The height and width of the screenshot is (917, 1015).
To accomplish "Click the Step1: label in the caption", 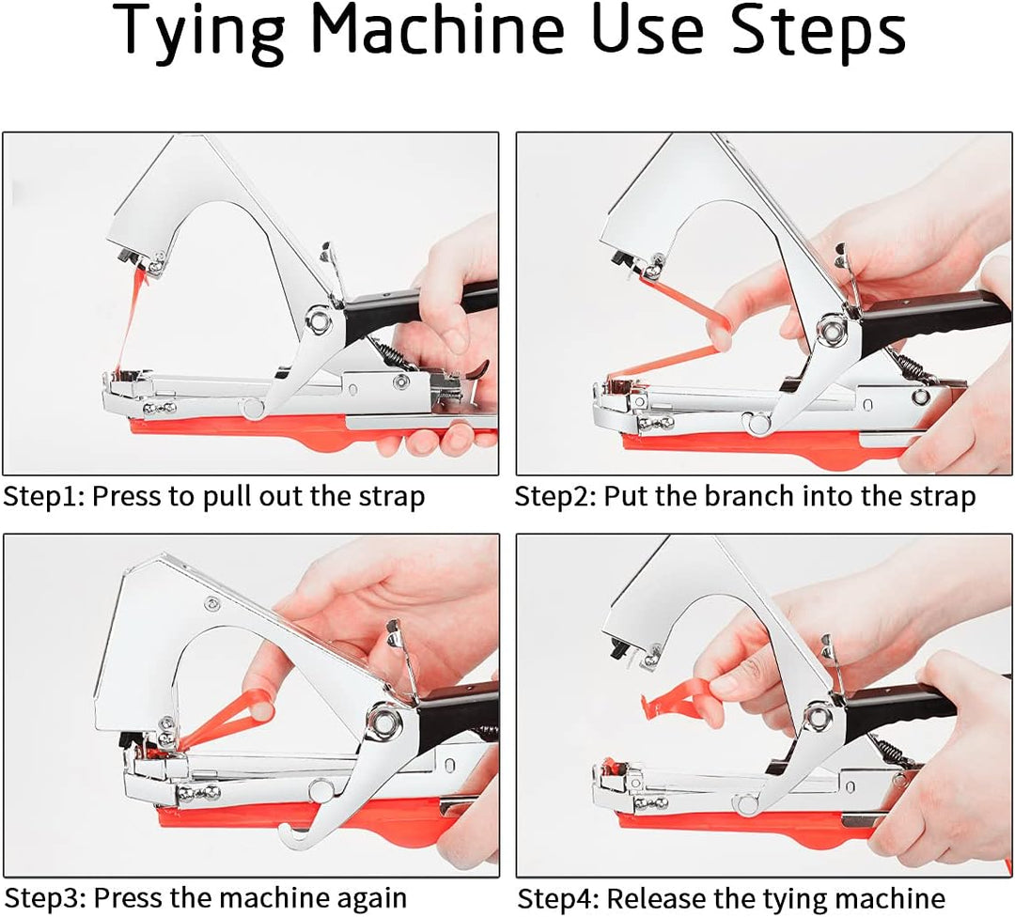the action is [44, 497].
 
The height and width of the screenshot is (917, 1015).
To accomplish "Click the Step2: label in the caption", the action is [555, 497].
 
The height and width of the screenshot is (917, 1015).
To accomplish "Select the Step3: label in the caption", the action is [45, 899].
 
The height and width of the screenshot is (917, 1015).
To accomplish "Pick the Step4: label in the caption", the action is [558, 899].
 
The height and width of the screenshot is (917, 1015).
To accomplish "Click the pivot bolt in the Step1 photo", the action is [318, 321].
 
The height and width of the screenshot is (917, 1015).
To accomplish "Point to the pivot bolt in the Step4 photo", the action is [817, 717].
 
